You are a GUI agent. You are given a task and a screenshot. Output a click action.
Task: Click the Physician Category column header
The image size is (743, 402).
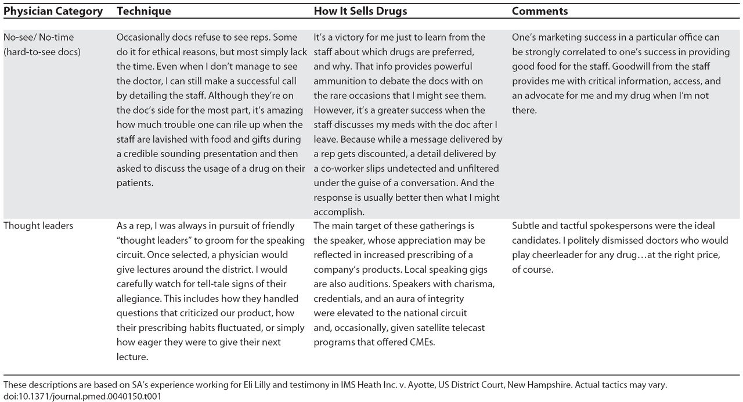(x=53, y=11)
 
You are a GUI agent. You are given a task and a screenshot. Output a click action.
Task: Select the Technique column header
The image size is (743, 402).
(x=143, y=11)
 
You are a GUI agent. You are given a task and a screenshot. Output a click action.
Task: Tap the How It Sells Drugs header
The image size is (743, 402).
(x=360, y=11)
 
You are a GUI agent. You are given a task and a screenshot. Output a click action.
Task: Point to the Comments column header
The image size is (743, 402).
(x=539, y=11)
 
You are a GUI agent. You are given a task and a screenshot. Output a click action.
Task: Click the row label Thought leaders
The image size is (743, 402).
(x=38, y=226)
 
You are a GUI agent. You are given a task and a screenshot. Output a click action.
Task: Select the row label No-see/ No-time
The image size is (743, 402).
(x=38, y=37)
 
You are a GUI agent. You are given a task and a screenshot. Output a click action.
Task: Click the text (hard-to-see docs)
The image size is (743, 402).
(x=42, y=52)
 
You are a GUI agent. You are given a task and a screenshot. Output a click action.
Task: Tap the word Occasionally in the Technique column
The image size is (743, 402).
(x=143, y=37)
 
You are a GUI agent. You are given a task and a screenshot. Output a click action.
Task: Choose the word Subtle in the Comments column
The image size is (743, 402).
(x=525, y=226)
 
